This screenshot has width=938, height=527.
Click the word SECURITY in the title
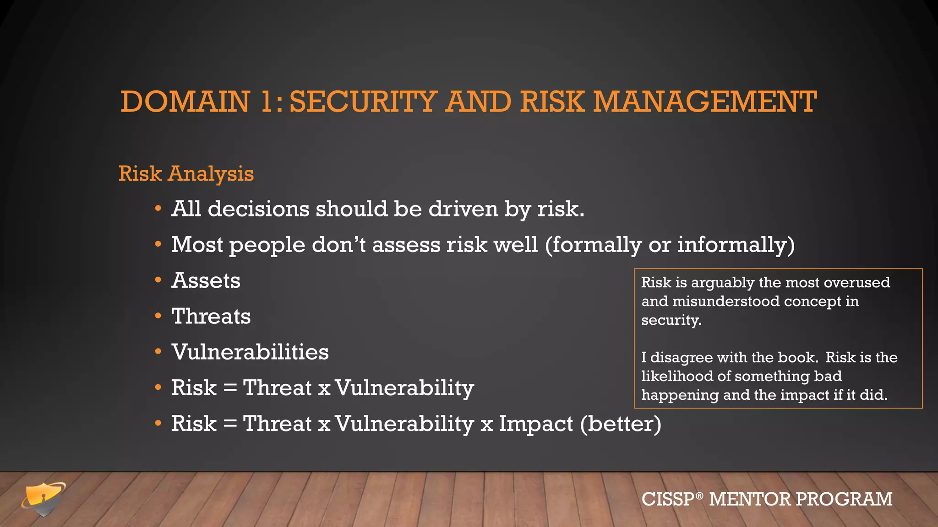pyautogui.click(x=363, y=102)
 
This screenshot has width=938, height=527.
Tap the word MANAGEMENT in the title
pyautogui.click(x=705, y=102)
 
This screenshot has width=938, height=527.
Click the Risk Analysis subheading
pyautogui.click(x=186, y=174)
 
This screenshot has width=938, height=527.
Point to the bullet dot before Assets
pyautogui.click(x=158, y=280)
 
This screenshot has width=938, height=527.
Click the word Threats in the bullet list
pyautogui.click(x=211, y=316)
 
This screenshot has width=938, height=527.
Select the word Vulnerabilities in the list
pyautogui.click(x=250, y=352)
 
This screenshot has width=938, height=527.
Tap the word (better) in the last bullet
pyautogui.click(x=621, y=424)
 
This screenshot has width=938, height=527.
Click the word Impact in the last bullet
pyautogui.click(x=536, y=424)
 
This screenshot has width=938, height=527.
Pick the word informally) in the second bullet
pyautogui.click(x=736, y=245)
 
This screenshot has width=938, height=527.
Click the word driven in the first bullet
pyautogui.click(x=463, y=209)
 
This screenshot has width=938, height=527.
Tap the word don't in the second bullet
pyautogui.click(x=339, y=245)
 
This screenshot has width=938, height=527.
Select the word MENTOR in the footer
pyautogui.click(x=750, y=499)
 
